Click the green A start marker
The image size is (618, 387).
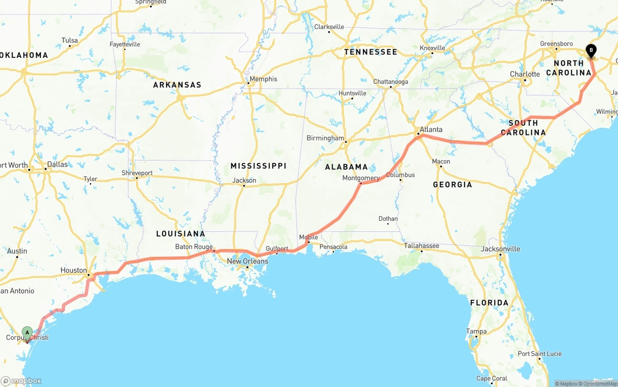point(28,332)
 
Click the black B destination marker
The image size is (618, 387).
point(590,50)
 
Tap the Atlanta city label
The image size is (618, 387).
point(431,129)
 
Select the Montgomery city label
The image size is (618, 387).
point(361,178)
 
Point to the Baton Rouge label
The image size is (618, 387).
point(194,247)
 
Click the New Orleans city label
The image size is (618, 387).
point(247,261)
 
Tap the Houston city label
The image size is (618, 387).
point(74,270)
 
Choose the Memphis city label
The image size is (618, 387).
point(263,79)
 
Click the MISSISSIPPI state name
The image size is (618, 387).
point(258,166)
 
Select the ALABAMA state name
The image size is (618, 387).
point(346,167)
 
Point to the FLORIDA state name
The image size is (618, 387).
point(489,303)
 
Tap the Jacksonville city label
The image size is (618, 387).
point(501,249)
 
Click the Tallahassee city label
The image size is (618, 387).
point(421,246)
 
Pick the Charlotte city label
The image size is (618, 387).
point(525,74)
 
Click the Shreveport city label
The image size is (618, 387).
point(137,173)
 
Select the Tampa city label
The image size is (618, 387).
point(476,331)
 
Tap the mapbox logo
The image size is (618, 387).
point(22,381)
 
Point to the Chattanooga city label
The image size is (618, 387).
point(391,82)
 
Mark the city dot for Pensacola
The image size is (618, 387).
point(333,252)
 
